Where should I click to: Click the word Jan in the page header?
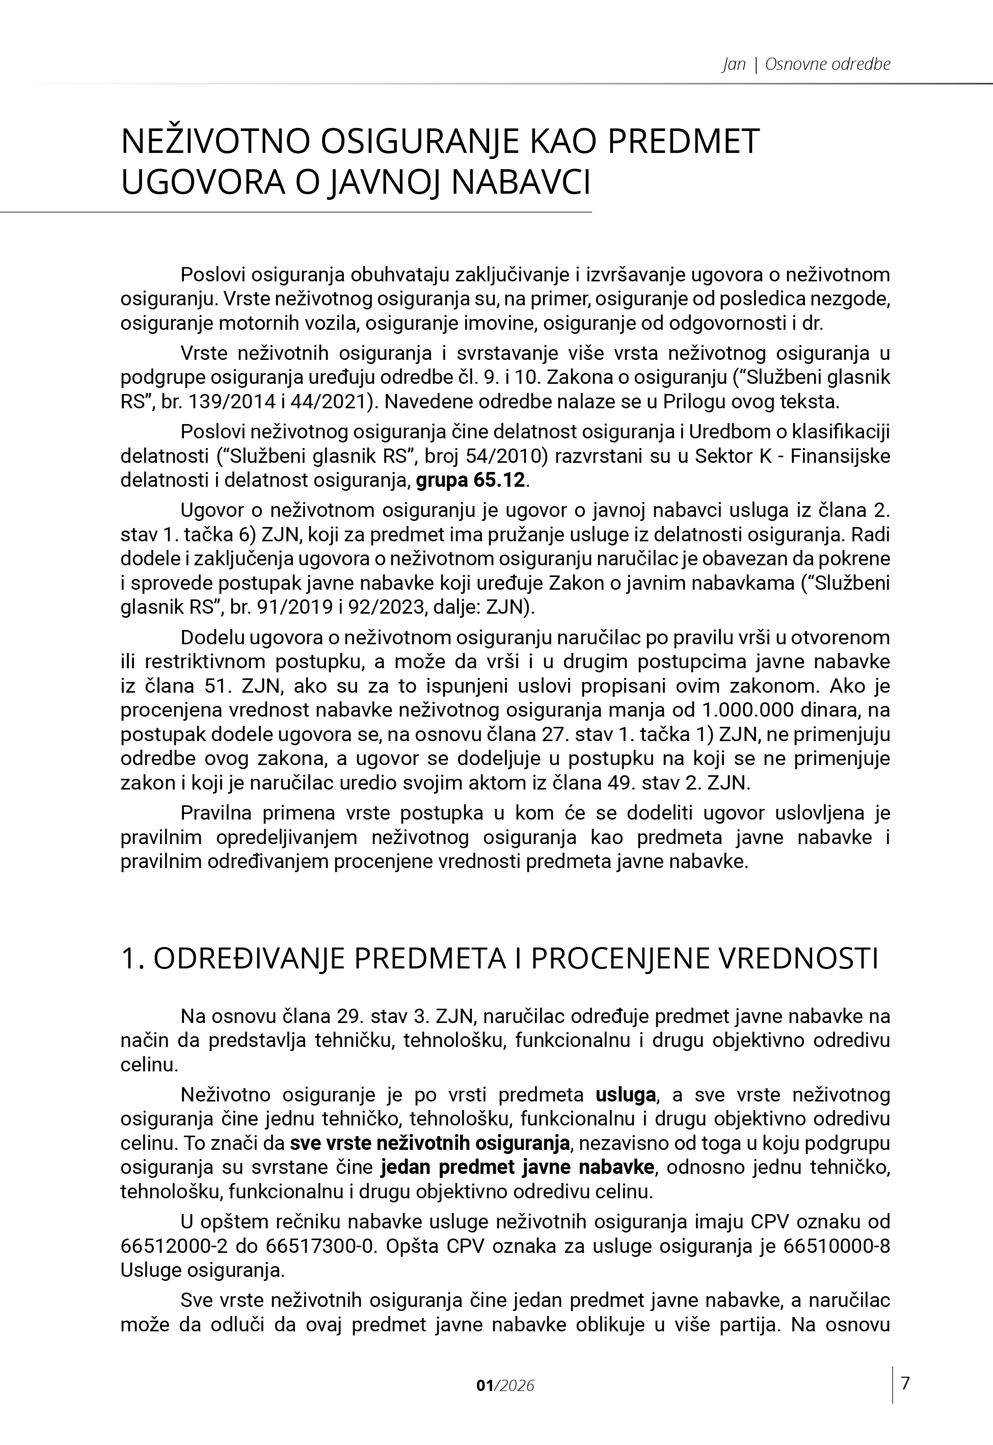pos(734,64)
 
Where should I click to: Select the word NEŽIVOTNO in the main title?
pos(214,141)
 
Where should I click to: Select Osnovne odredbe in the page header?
pos(827,64)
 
